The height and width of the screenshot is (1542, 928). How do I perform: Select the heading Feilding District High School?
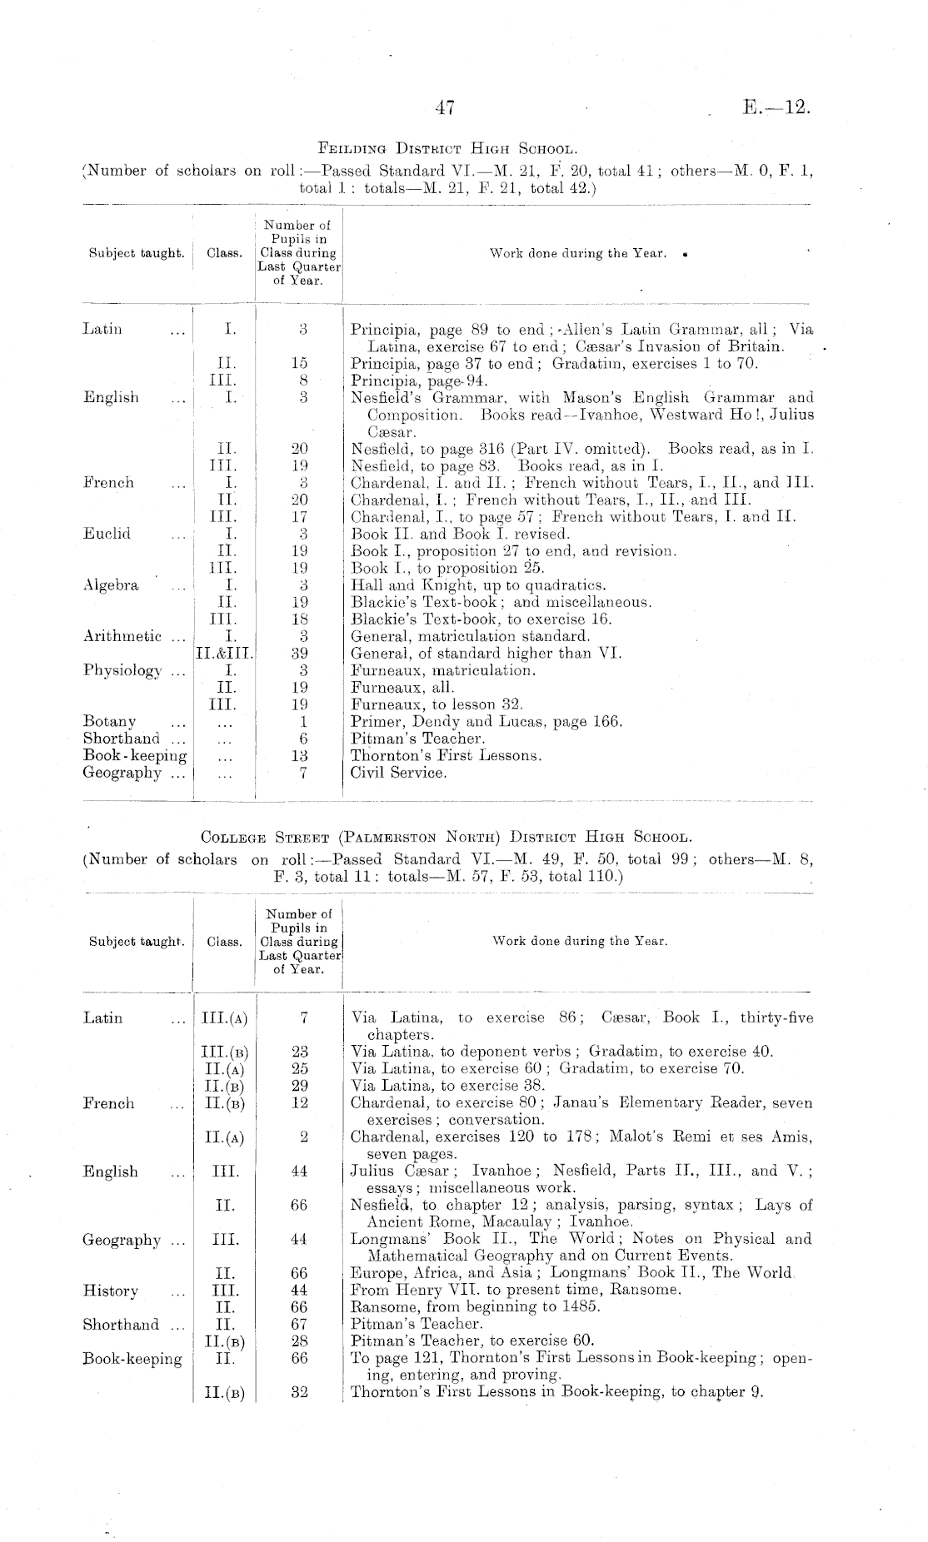(447, 150)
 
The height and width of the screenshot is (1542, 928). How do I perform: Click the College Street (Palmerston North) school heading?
(447, 837)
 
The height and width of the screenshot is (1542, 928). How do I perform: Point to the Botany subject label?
(109, 721)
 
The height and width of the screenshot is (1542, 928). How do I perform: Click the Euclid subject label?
(107, 534)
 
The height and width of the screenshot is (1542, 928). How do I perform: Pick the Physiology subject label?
(122, 670)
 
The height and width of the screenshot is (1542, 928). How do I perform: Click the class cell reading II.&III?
(224, 654)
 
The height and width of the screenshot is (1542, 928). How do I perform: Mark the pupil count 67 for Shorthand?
(300, 1324)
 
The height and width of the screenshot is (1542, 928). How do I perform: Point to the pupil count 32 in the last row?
(300, 1392)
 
